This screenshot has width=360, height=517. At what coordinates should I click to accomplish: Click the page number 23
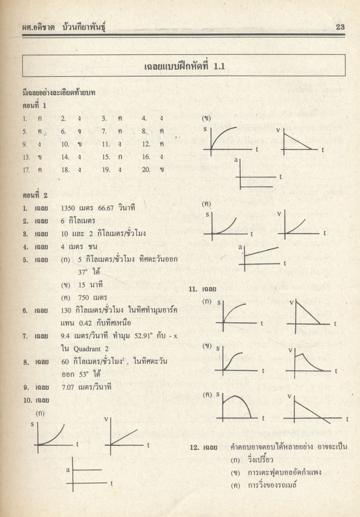[x=340, y=27]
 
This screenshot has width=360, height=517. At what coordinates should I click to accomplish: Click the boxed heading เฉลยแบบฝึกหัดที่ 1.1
[x=184, y=66]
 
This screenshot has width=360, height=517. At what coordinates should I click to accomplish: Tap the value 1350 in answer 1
[x=68, y=208]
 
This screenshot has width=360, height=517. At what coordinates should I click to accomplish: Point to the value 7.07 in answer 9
[x=69, y=387]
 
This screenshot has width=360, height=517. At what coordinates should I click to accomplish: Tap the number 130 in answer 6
[x=66, y=310]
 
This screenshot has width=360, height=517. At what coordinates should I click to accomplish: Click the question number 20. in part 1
[x=146, y=170]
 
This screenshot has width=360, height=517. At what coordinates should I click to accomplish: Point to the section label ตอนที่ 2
[x=35, y=195]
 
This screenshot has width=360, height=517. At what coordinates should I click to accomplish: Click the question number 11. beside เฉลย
[x=193, y=289]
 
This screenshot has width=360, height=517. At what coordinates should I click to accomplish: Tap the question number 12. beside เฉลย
[x=195, y=447]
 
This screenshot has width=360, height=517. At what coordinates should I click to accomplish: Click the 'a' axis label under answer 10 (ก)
[x=68, y=470]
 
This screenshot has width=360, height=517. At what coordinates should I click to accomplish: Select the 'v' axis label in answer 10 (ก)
[x=106, y=419]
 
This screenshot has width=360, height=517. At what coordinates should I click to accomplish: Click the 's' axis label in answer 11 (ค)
[x=218, y=394]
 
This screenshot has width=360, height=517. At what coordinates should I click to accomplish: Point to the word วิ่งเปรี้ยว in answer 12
[x=260, y=460]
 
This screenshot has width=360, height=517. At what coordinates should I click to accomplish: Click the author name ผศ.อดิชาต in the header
[x=39, y=27]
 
